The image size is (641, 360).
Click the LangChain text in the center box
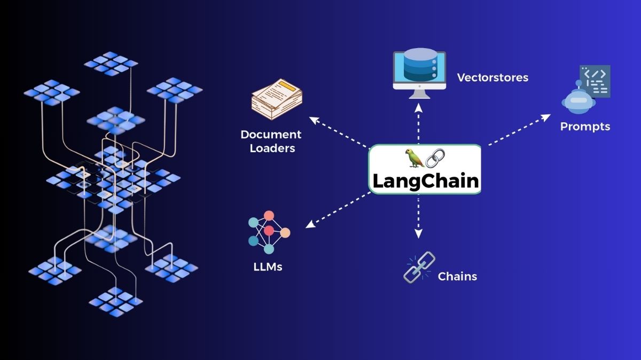[425, 180]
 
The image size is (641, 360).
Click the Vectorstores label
[493, 77]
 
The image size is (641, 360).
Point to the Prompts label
[585, 127]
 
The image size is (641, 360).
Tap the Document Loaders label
[271, 141]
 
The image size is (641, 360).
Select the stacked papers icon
[277, 100]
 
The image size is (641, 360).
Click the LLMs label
[268, 265]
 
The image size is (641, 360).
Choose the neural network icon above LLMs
[269, 232]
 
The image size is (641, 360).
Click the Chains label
[457, 276]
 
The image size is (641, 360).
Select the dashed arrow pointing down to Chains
[419, 216]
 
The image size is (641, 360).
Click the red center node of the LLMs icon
[269, 230]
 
